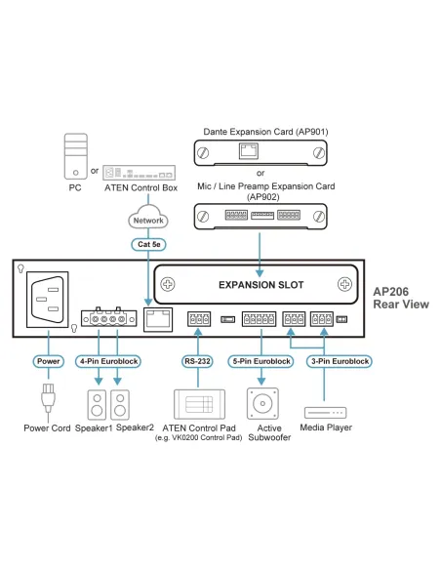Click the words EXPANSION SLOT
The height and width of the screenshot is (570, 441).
pyautogui.click(x=260, y=285)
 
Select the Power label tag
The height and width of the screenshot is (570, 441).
pyautogui.click(x=47, y=361)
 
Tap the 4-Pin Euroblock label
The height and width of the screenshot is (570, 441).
pyautogui.click(x=108, y=361)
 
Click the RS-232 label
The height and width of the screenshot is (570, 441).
pyautogui.click(x=198, y=361)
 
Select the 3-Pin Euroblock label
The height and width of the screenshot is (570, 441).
pyautogui.click(x=338, y=361)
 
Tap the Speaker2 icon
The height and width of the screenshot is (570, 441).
pyautogui.click(x=120, y=403)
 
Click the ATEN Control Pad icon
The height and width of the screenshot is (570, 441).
pyautogui.click(x=198, y=402)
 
